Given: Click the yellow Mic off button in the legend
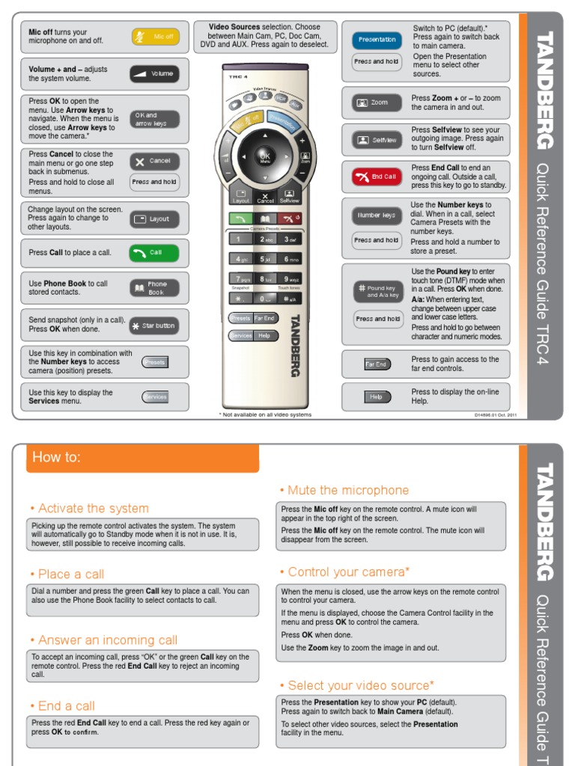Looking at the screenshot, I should click(x=155, y=37).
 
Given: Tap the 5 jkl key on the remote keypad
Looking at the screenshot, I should click(x=266, y=259).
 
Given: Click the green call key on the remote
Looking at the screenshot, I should click(x=240, y=218).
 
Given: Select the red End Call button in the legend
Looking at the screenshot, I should click(x=377, y=177).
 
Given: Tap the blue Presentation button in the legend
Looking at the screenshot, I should click(x=377, y=39).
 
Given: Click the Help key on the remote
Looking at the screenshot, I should click(x=264, y=336).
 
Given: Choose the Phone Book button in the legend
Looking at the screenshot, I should click(x=154, y=288).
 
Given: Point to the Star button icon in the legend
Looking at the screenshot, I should click(x=154, y=325).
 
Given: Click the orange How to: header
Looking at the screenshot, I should click(x=142, y=457).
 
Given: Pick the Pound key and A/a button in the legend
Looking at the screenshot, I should click(x=378, y=292).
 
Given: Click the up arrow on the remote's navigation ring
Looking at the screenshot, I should click(x=265, y=136).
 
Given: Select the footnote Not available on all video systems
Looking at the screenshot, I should click(x=265, y=414).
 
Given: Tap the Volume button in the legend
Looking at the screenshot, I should click(x=154, y=74).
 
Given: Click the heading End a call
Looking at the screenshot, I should click(x=67, y=706).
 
